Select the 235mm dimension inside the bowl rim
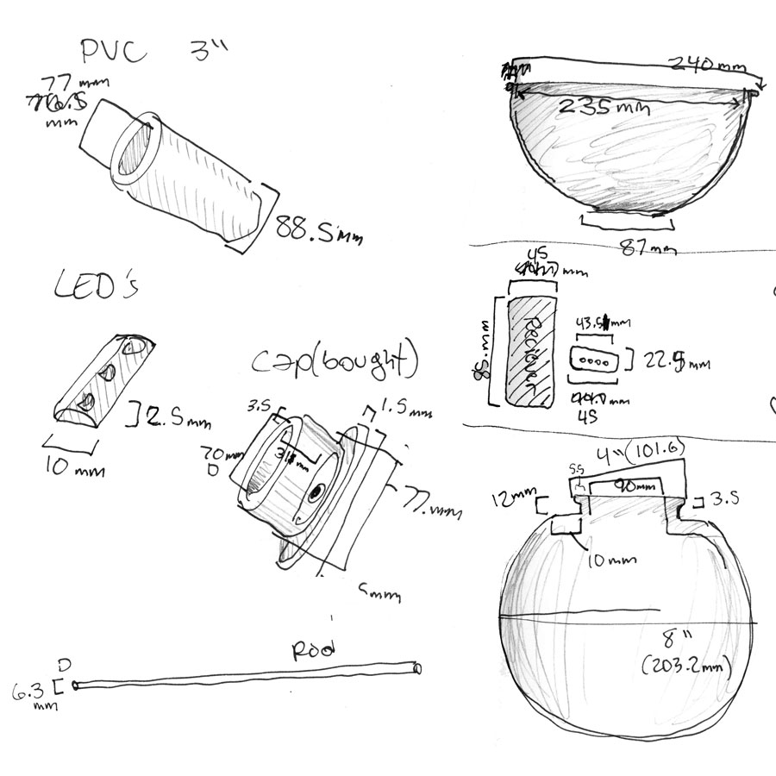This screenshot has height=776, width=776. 615,107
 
